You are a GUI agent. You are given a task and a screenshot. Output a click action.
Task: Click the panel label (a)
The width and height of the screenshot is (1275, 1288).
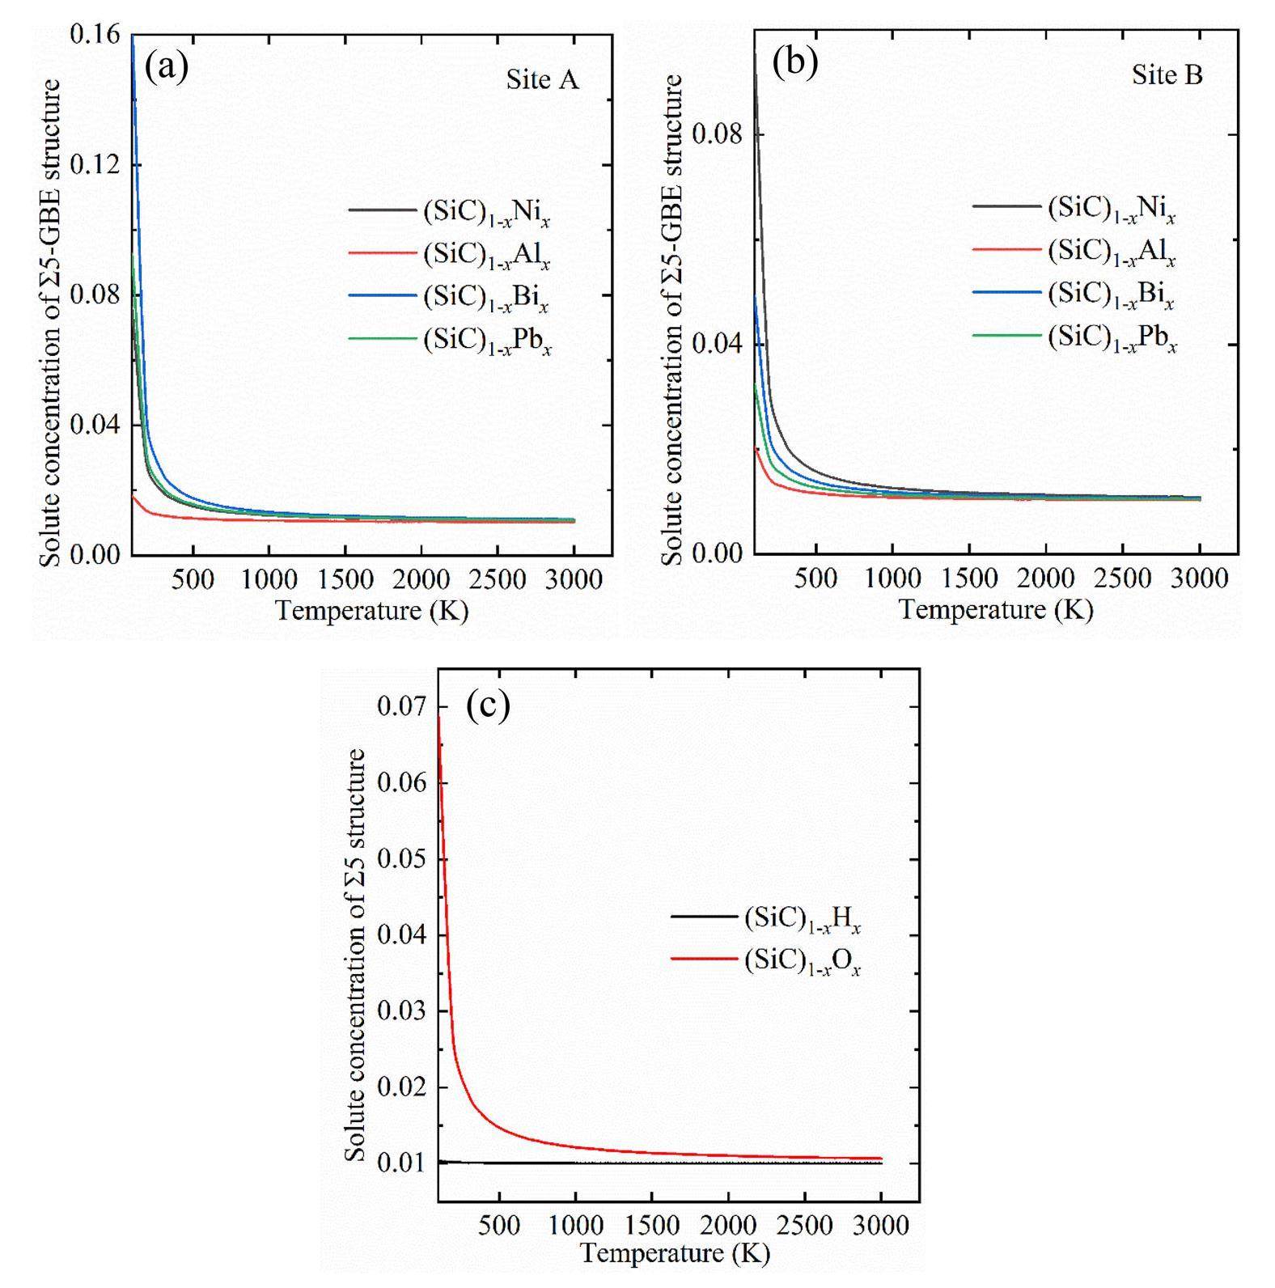click(166, 67)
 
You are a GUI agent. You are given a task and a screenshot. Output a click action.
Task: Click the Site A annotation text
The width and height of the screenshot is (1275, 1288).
click(542, 79)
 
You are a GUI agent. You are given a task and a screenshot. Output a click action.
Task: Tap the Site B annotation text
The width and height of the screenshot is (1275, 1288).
click(1167, 75)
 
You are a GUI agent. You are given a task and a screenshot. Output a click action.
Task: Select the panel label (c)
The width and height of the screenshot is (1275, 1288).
click(488, 705)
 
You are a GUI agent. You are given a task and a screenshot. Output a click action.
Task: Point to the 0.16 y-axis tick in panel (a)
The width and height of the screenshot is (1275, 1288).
click(95, 34)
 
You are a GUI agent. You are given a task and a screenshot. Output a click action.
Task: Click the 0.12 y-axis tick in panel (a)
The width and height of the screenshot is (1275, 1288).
click(95, 164)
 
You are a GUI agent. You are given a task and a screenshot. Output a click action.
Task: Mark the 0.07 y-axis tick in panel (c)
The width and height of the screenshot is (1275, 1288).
click(401, 706)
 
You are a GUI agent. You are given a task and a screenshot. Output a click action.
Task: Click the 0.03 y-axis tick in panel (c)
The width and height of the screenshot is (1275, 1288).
click(401, 1010)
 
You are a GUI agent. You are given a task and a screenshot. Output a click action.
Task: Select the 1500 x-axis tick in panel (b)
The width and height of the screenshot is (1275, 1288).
click(968, 578)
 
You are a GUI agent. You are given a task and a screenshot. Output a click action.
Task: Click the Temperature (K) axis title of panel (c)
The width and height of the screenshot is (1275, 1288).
click(675, 1253)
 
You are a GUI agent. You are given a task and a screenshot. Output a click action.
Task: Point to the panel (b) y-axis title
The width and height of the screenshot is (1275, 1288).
click(672, 320)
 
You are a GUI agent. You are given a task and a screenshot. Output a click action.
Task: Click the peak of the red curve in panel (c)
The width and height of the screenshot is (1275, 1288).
click(439, 716)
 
